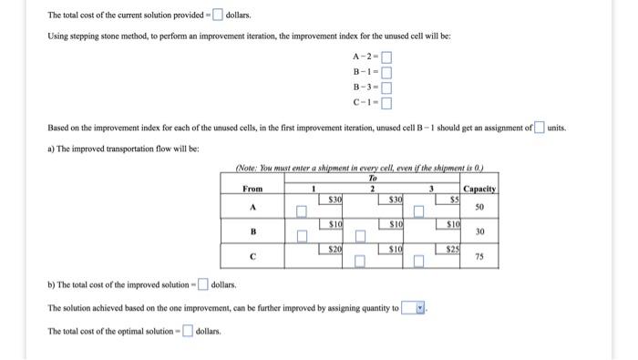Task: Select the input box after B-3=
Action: point(386,88)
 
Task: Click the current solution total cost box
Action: point(217,15)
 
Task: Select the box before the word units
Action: point(540,127)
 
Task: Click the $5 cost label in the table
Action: point(453,198)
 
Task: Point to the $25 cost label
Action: point(453,249)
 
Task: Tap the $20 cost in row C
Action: point(335,249)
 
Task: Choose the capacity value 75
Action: point(480,257)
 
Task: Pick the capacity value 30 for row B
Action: point(480,231)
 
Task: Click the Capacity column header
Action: point(479,189)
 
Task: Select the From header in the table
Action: point(252,189)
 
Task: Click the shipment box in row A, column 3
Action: point(418,212)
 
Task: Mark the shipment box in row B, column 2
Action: point(360,238)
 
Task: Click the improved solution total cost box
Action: point(202,285)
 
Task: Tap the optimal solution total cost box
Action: point(188,331)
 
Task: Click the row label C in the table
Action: point(252,257)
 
